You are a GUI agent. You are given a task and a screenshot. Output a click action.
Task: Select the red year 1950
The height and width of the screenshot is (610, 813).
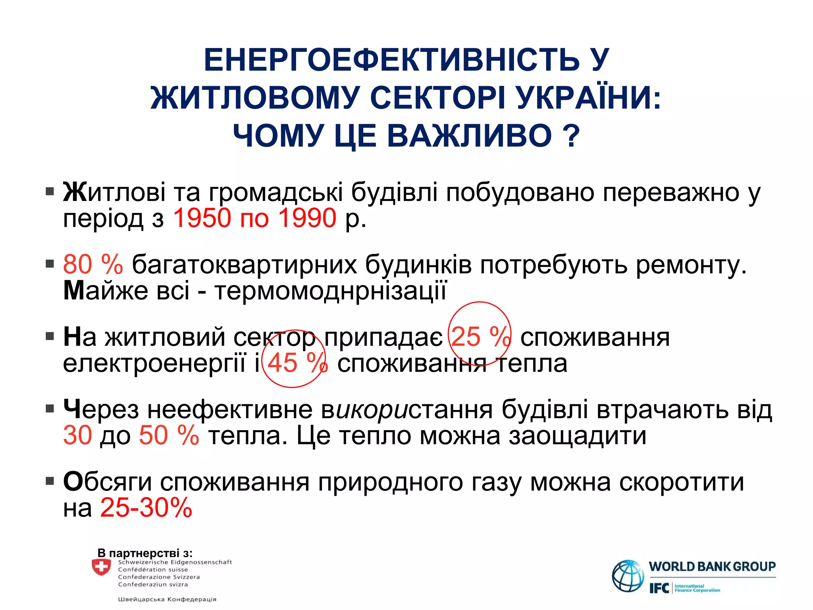point(202,218)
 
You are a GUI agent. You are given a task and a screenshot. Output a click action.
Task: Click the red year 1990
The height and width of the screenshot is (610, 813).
point(307,218)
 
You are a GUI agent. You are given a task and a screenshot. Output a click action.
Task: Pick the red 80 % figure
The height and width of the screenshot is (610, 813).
point(93,264)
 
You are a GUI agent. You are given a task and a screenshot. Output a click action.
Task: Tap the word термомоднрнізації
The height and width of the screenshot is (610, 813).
point(331,291)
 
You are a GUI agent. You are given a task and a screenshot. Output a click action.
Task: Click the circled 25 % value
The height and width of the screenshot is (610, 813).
point(480,337)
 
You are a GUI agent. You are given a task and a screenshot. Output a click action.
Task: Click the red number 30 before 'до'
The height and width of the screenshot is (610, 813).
point(77,435)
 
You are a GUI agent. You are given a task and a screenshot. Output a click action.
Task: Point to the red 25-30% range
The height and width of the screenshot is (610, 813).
point(146,508)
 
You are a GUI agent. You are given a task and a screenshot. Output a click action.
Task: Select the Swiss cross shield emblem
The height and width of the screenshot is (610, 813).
point(101,567)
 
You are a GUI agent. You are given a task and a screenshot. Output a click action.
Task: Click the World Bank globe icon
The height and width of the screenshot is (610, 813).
point(628,575)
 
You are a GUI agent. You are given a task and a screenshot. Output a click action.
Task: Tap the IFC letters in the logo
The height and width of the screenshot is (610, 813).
point(659,588)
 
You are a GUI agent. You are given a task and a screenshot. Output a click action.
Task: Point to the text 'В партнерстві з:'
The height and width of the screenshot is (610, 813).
point(145,553)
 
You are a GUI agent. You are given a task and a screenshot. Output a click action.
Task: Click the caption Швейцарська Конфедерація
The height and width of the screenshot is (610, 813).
point(167,599)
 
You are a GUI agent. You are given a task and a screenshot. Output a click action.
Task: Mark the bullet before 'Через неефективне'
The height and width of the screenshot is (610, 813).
point(50,409)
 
